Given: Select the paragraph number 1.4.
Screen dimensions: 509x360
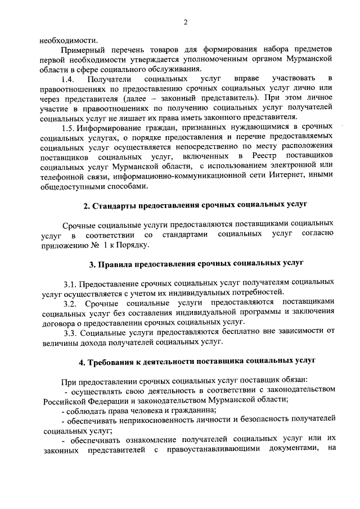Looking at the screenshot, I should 68,78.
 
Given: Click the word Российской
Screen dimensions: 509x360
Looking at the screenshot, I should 65,400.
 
